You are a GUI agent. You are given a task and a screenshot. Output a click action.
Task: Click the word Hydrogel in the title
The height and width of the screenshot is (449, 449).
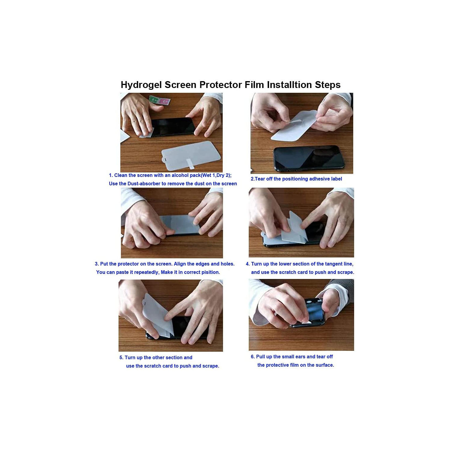point(141,85)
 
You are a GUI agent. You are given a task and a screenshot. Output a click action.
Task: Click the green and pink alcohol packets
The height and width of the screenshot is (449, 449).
point(160,100)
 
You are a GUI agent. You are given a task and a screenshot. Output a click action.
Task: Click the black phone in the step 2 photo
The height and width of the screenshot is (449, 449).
point(308,158)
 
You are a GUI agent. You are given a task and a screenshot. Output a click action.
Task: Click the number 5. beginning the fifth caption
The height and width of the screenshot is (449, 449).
point(121,357)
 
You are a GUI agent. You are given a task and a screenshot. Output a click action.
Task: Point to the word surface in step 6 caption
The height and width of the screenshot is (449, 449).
point(324,365)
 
